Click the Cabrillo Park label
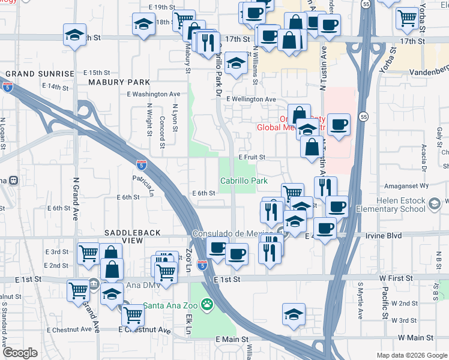[243, 181]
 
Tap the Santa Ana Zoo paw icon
[206, 304]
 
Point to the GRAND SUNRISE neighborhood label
[40, 74]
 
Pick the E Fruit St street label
[252, 157]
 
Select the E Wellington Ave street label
[251, 100]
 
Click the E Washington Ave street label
[153, 94]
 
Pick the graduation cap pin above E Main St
[294, 314]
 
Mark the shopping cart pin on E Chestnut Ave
[133, 313]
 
